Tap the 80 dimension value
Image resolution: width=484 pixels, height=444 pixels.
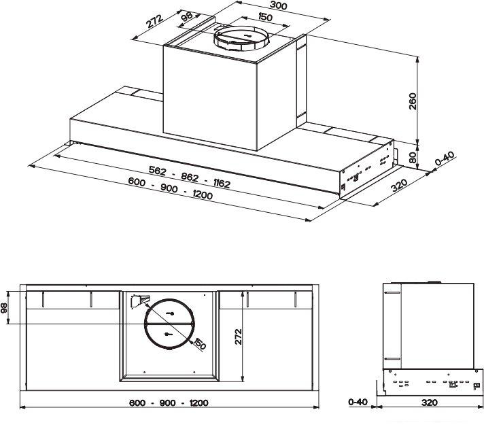point(412,156)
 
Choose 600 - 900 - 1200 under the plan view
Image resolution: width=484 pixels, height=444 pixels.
point(169,403)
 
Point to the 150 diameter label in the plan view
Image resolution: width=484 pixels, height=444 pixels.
point(199,344)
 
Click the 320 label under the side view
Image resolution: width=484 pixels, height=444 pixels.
point(429,403)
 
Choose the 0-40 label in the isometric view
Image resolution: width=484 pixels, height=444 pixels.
point(444,160)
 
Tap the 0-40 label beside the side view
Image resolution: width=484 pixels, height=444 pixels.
point(358,402)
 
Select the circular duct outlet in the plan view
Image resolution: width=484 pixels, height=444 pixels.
point(168,324)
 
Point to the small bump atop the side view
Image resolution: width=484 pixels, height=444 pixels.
point(433,279)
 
